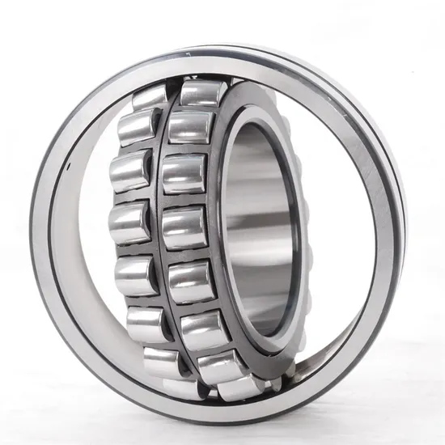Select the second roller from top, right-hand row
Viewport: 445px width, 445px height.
pyautogui.click(x=189, y=128)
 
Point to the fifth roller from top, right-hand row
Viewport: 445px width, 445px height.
pyautogui.click(x=193, y=280)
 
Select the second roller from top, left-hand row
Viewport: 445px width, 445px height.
pyautogui.click(x=138, y=129)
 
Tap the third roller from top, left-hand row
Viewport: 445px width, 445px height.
pyautogui.click(x=129, y=171)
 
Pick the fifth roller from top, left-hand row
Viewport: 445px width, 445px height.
pyautogui.click(x=134, y=271)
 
